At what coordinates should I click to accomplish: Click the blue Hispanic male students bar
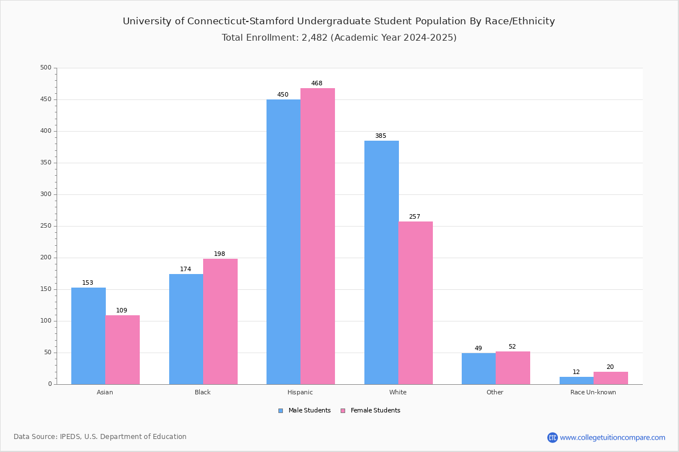click(x=283, y=242)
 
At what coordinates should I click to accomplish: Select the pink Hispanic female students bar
click(x=317, y=236)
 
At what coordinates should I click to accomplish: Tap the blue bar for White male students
click(x=381, y=262)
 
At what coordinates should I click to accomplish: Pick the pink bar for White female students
click(x=415, y=303)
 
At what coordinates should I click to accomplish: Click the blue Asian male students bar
click(x=88, y=336)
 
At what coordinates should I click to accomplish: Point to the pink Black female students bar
click(x=220, y=321)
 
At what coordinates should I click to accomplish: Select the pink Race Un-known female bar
click(x=611, y=378)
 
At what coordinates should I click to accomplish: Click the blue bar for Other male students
click(x=479, y=368)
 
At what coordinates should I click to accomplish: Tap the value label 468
click(x=317, y=84)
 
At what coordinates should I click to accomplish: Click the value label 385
click(x=380, y=136)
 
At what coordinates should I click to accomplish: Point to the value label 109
click(x=122, y=311)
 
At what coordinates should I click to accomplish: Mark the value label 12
click(x=576, y=372)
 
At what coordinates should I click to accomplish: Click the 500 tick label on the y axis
click(x=45, y=68)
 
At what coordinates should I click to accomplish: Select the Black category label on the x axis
click(x=203, y=392)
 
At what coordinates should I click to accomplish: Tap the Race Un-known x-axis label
click(x=593, y=392)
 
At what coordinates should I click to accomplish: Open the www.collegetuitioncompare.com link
click(x=612, y=437)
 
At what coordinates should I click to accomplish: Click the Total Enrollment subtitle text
click(x=339, y=38)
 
